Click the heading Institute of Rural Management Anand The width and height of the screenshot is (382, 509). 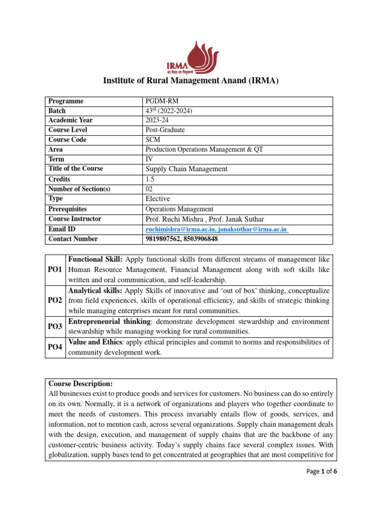coord(191,81)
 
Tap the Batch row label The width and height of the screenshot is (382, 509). coord(57,111)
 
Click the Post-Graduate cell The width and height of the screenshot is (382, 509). coord(165,130)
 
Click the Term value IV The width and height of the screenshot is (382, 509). coord(149,160)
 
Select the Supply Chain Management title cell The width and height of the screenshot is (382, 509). coord(186,169)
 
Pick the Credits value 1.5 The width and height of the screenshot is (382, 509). coord(150,179)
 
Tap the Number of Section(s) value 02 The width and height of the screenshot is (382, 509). coord(150,189)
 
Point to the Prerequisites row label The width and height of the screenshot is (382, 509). coord(67,209)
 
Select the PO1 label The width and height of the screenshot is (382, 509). coord(55,269)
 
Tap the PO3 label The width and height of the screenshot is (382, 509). coord(55,326)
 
